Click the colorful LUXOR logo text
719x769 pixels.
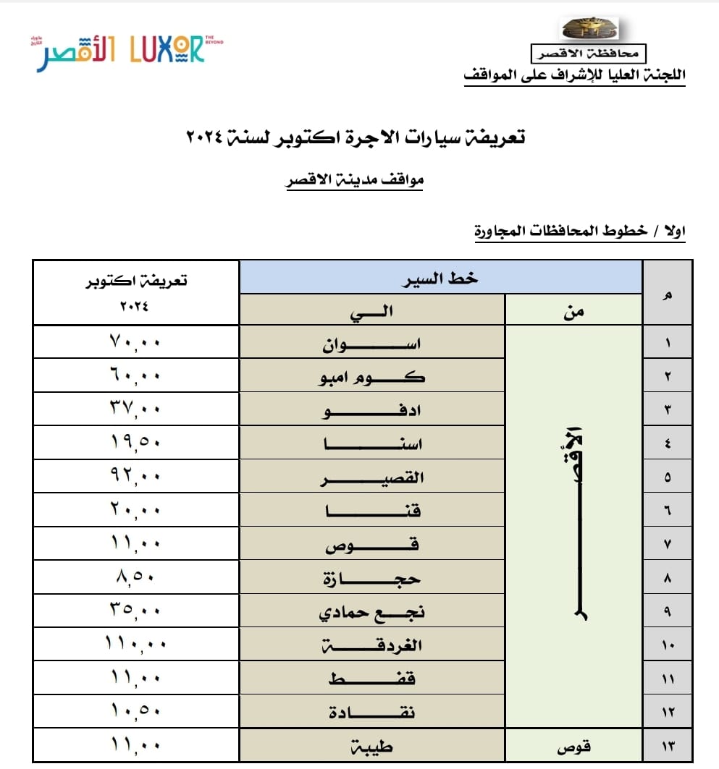click(167, 49)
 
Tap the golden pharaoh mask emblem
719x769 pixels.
click(591, 30)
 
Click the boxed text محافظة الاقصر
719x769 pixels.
click(588, 53)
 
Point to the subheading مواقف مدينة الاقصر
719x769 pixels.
click(354, 180)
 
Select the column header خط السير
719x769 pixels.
click(441, 277)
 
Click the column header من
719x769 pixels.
click(573, 310)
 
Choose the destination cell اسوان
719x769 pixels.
click(371, 343)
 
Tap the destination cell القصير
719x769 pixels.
click(372, 477)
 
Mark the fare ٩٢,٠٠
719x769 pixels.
click(136, 476)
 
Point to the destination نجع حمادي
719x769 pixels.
click(372, 613)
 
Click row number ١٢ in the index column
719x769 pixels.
click(667, 713)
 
